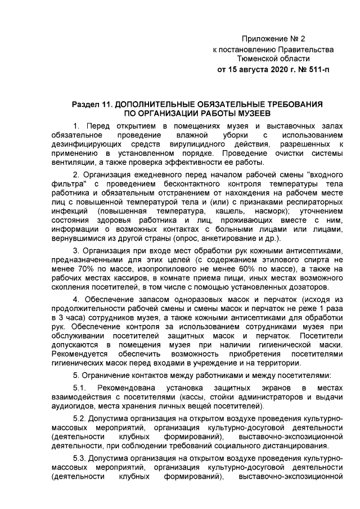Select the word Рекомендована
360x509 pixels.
[x=127, y=388]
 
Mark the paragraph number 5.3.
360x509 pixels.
[x=81, y=458]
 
